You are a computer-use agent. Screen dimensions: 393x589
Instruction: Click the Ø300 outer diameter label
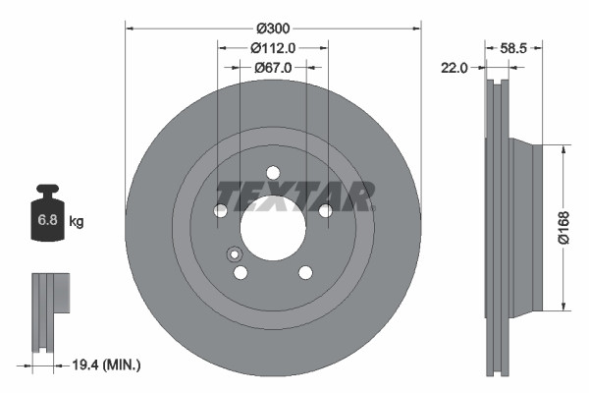click(x=273, y=28)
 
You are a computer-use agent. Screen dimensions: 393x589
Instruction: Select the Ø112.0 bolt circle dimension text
click(x=273, y=48)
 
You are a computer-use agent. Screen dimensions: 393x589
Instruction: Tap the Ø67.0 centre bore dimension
click(x=273, y=68)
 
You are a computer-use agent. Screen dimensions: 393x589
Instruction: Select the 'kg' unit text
click(x=77, y=222)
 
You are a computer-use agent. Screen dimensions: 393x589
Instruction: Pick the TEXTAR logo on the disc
click(x=294, y=196)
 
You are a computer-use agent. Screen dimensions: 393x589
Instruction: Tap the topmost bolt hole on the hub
click(x=273, y=172)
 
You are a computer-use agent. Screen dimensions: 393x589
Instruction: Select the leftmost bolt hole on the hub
click(x=221, y=210)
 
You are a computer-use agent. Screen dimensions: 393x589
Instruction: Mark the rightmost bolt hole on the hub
click(x=325, y=210)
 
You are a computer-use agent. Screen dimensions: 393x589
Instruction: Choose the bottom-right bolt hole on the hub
click(x=305, y=272)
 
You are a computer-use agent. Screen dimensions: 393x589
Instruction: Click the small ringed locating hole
click(x=235, y=254)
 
